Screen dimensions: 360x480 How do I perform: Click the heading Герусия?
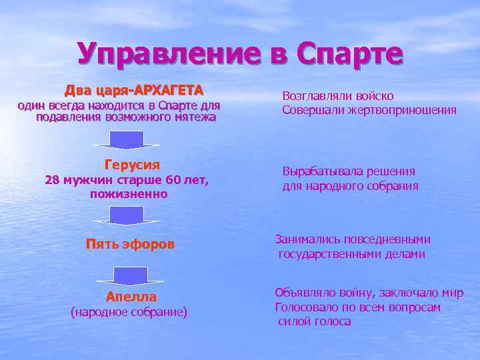point(132,165)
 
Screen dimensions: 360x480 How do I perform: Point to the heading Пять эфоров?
point(130,245)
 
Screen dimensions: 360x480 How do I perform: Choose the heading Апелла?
point(131,297)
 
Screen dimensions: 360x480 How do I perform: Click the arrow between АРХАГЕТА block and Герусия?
point(127,140)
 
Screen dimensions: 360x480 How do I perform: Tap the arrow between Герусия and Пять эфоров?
point(127,215)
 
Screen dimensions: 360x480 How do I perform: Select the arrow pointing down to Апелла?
point(130,275)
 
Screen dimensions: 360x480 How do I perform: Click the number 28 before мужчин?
point(51,179)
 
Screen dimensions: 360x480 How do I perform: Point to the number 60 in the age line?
point(173,179)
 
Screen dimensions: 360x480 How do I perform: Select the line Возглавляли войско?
point(338,96)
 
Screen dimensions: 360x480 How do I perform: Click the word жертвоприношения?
point(402,110)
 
